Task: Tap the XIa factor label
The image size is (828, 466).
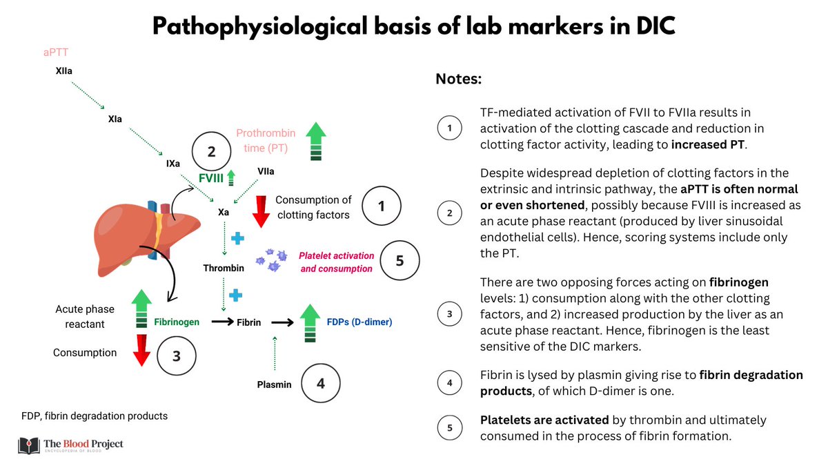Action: [116, 119]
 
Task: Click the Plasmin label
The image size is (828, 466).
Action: [275, 384]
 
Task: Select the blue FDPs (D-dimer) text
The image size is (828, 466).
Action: [359, 322]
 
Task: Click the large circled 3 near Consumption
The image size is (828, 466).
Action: [176, 356]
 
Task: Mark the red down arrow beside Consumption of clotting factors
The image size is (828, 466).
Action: [261, 210]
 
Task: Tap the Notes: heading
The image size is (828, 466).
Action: [458, 79]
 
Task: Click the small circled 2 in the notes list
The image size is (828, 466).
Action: [450, 213]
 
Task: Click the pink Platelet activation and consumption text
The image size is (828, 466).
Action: [336, 262]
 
